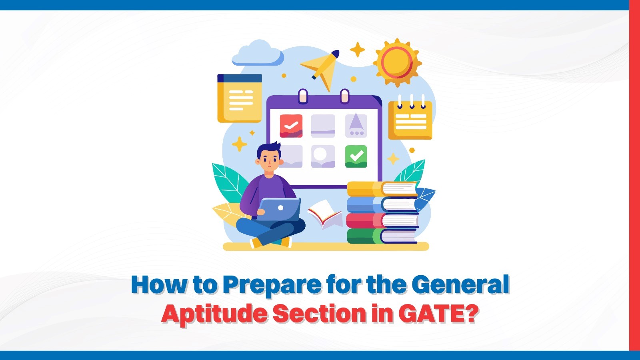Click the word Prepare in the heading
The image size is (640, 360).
[x=272, y=285]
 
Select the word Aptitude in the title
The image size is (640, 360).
[x=214, y=314]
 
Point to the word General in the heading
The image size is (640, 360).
[x=460, y=284]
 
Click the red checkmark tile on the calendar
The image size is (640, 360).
[x=291, y=126]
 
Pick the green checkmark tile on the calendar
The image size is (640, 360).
[x=356, y=156]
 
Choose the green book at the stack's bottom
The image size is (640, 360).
[x=382, y=236]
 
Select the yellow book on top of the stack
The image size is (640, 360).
[x=382, y=189]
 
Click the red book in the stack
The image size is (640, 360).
[x=382, y=220]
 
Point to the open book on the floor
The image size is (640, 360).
[x=324, y=214]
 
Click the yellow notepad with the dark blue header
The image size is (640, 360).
[x=239, y=98]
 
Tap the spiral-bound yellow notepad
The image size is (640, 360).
[x=410, y=119]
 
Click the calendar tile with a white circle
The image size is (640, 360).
[x=323, y=156]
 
